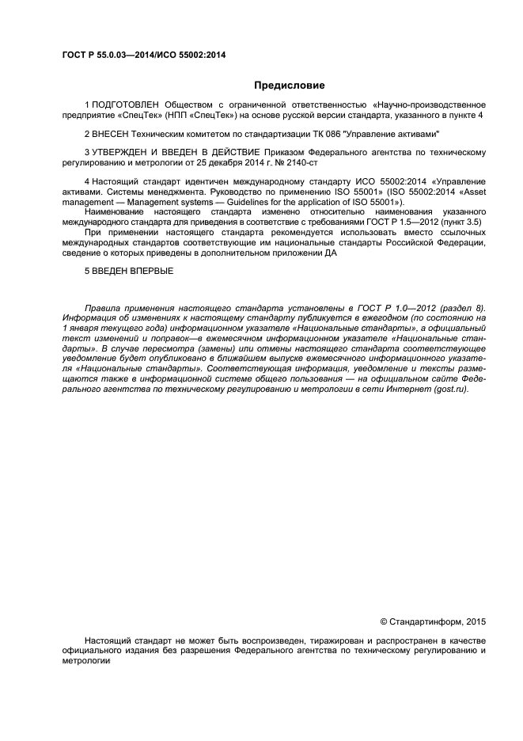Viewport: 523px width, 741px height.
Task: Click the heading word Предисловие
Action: (x=289, y=85)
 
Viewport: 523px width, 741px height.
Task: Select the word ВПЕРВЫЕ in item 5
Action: (x=150, y=271)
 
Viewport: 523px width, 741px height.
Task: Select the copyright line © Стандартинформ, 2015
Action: (x=433, y=621)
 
